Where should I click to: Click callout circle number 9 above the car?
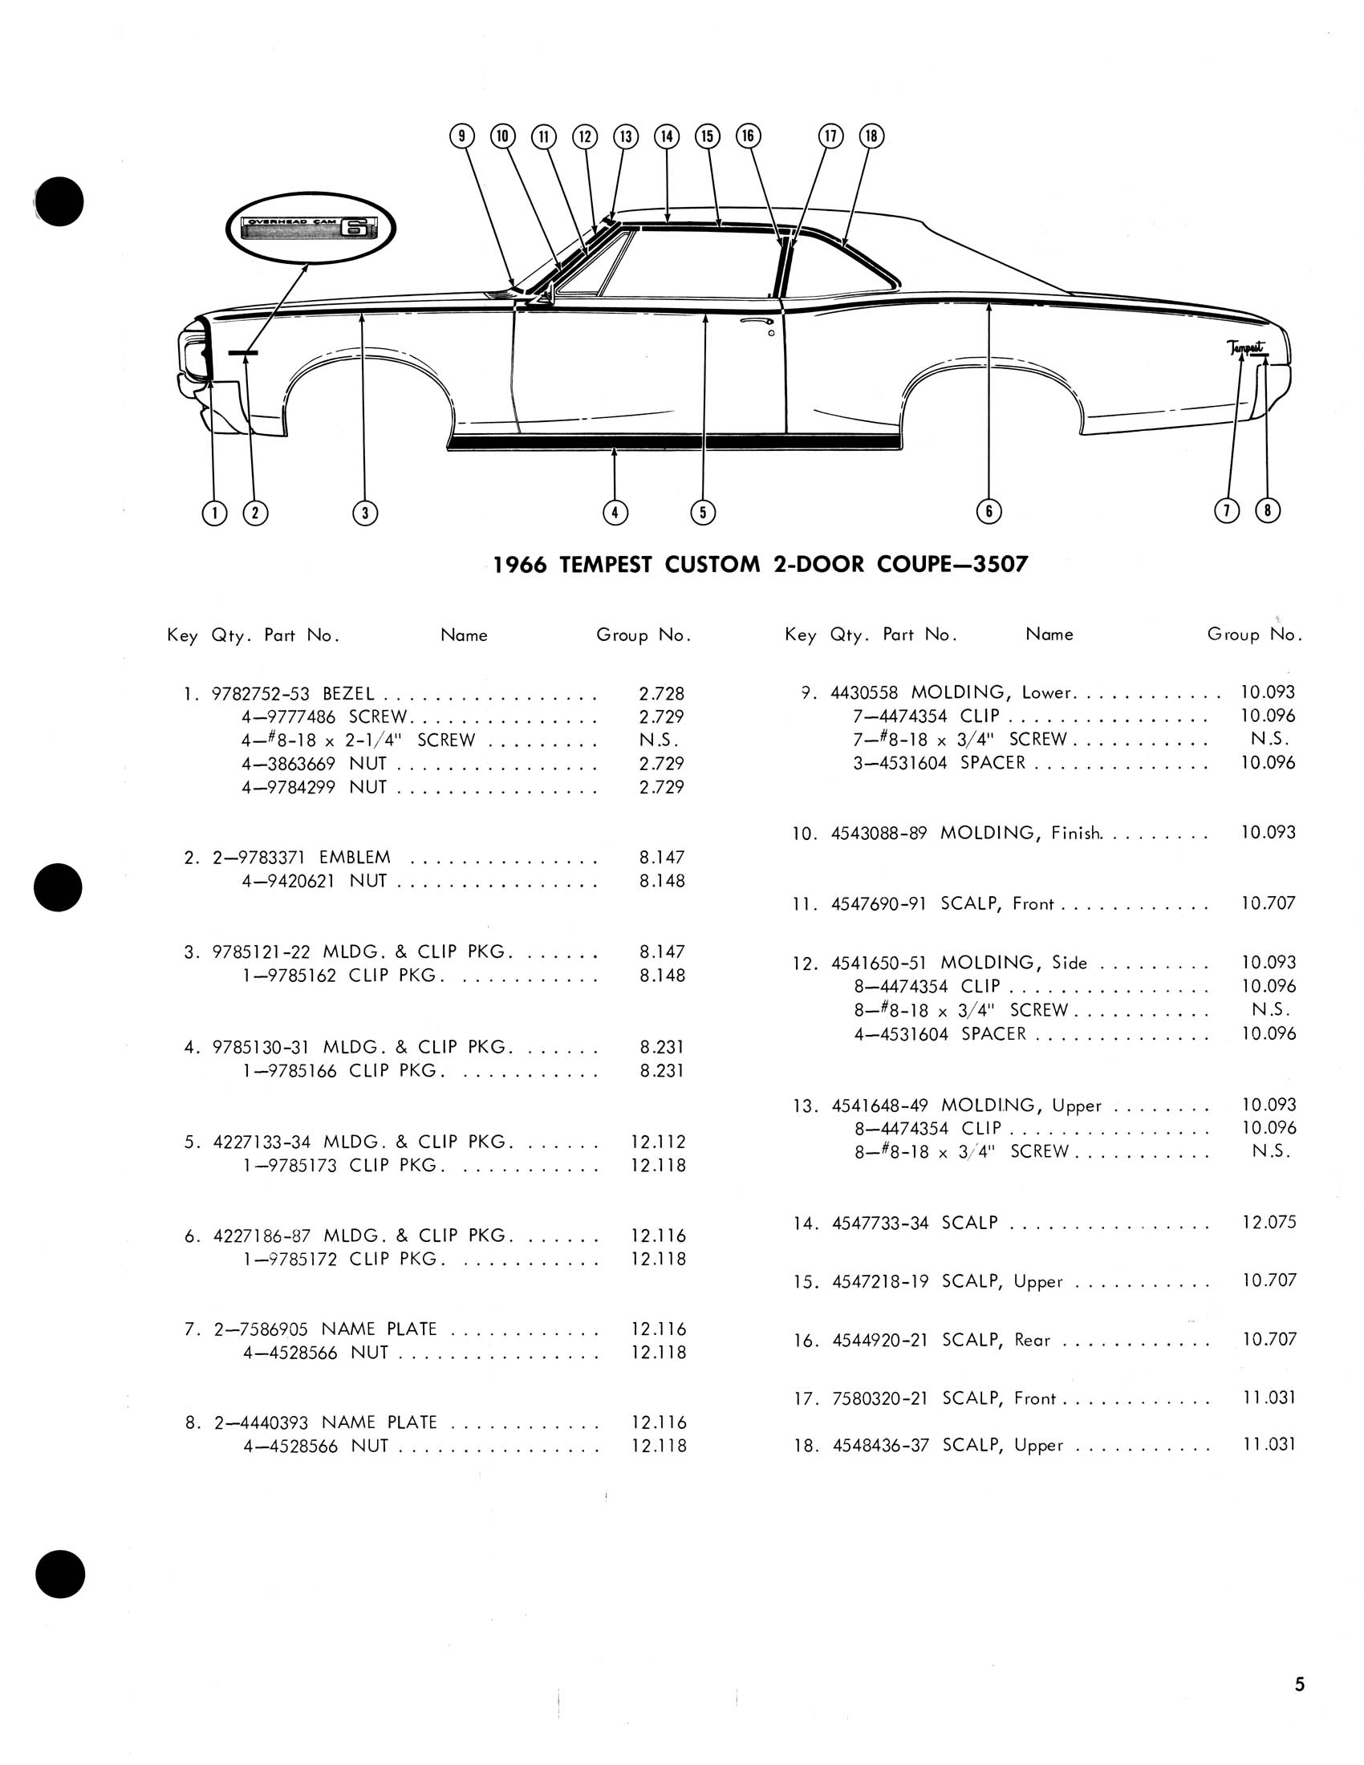[x=461, y=136]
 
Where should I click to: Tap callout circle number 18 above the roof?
[x=871, y=136]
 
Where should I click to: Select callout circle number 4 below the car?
[x=615, y=512]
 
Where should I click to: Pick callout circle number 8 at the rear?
[x=1267, y=510]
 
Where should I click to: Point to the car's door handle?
[x=756, y=322]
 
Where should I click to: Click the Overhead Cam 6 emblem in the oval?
[x=311, y=229]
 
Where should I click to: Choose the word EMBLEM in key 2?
[x=355, y=858]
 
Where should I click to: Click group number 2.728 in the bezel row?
[x=661, y=693]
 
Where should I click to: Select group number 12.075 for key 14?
[x=1268, y=1223]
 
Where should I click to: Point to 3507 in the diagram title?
[x=1001, y=564]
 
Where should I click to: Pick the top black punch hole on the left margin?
[x=59, y=201]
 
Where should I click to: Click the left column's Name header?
[x=464, y=635]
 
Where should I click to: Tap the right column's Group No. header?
[x=1254, y=635]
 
